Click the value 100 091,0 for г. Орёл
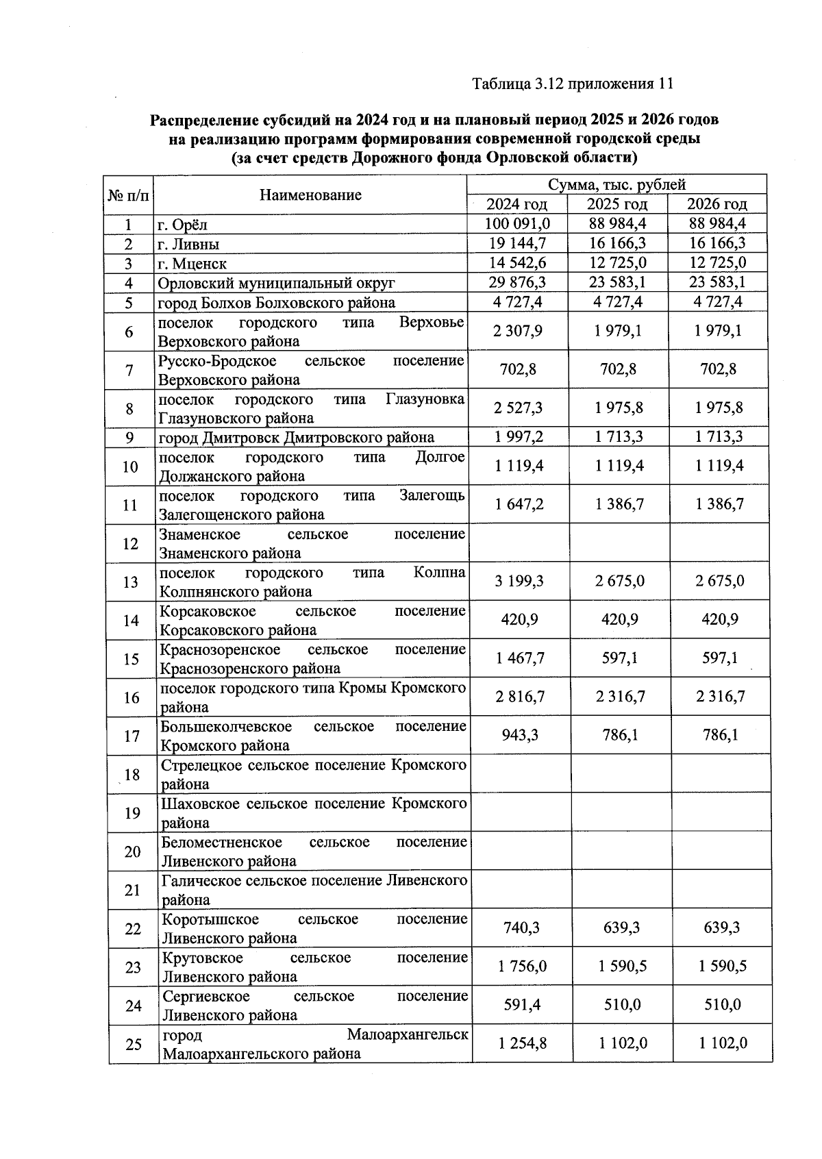(517, 224)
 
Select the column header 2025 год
(617, 204)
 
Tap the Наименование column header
(310, 195)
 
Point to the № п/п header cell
(128, 195)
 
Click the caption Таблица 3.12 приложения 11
(573, 84)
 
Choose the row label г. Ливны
(188, 244)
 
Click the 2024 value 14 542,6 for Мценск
(517, 263)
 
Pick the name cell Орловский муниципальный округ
(276, 283)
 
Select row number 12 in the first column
(130, 544)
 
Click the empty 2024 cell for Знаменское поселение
(519, 544)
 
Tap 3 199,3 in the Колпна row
(519, 582)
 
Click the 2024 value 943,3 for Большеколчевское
(520, 735)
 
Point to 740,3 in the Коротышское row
(521, 927)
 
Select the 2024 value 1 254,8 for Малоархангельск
(522, 1043)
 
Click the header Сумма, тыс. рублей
(616, 185)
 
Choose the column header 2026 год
(717, 204)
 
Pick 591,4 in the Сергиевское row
(521, 1005)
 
